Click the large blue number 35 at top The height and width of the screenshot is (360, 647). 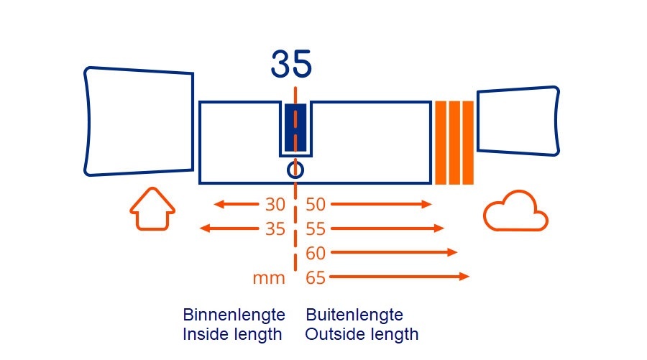291,64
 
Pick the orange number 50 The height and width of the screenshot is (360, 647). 316,205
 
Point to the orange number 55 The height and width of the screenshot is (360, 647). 316,229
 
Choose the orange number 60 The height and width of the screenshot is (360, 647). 316,253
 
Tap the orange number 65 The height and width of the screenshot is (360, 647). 316,277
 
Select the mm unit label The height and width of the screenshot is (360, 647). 269,278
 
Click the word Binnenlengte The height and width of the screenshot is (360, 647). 234,315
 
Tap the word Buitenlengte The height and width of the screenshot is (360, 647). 354,315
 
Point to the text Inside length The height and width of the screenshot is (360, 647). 232,334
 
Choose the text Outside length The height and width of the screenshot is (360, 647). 362,334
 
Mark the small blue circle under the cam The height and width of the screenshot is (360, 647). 295,170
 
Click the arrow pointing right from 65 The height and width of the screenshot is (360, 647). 400,277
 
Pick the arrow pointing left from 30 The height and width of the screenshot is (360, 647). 237,204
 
